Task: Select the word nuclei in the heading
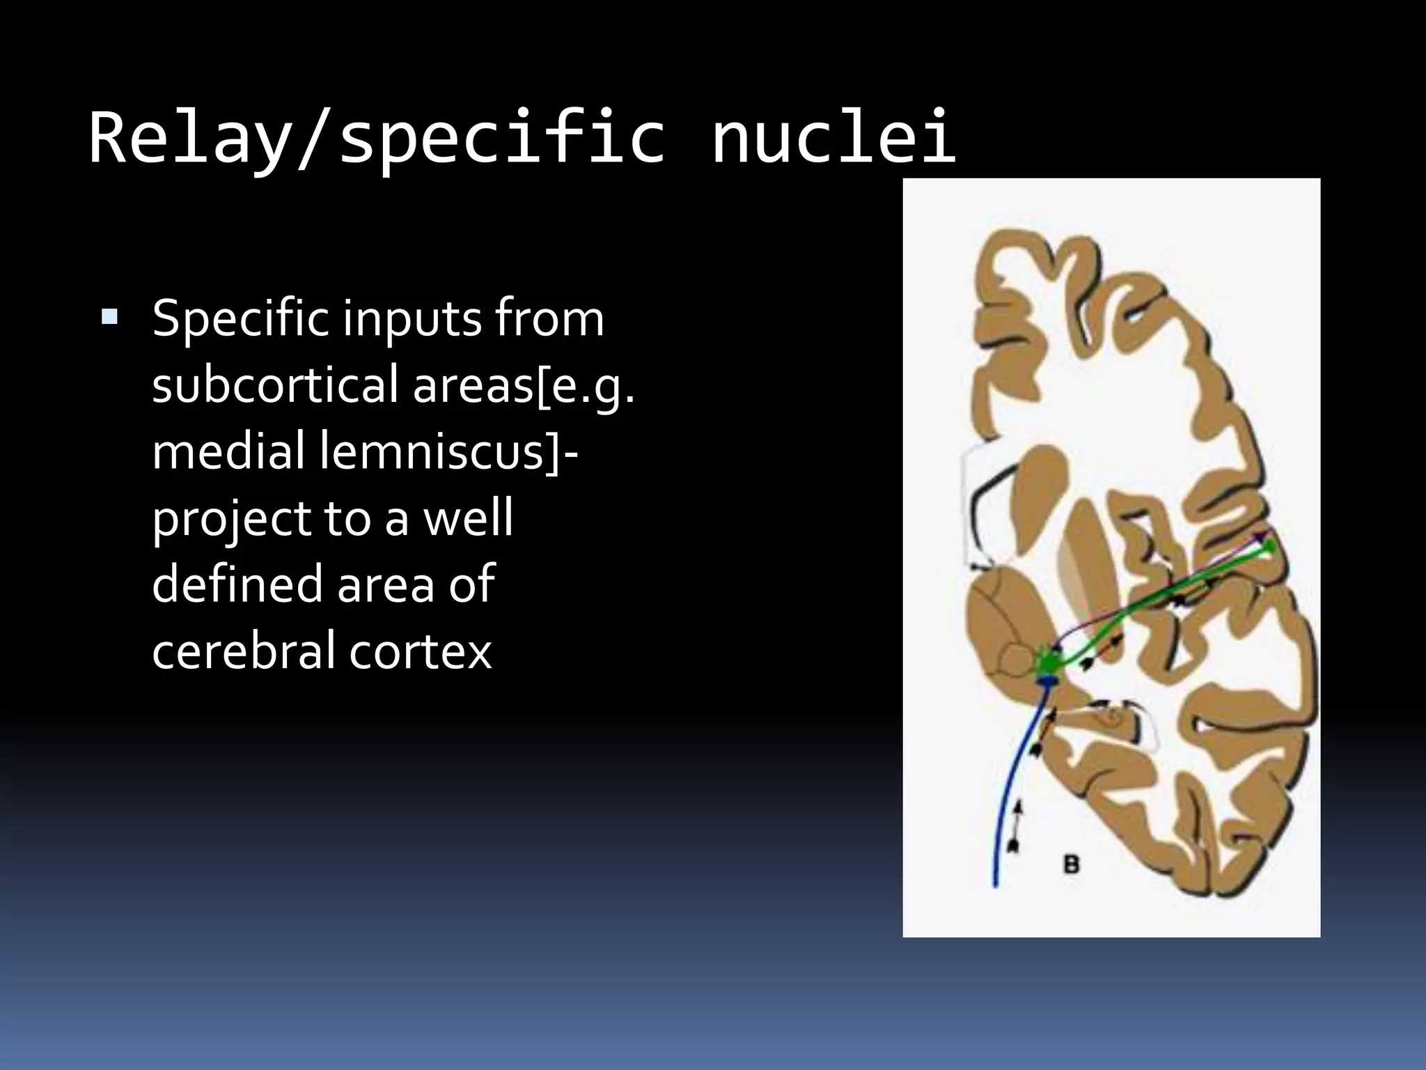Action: [833, 137]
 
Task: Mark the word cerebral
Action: [243, 651]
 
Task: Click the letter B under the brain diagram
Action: [1072, 864]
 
